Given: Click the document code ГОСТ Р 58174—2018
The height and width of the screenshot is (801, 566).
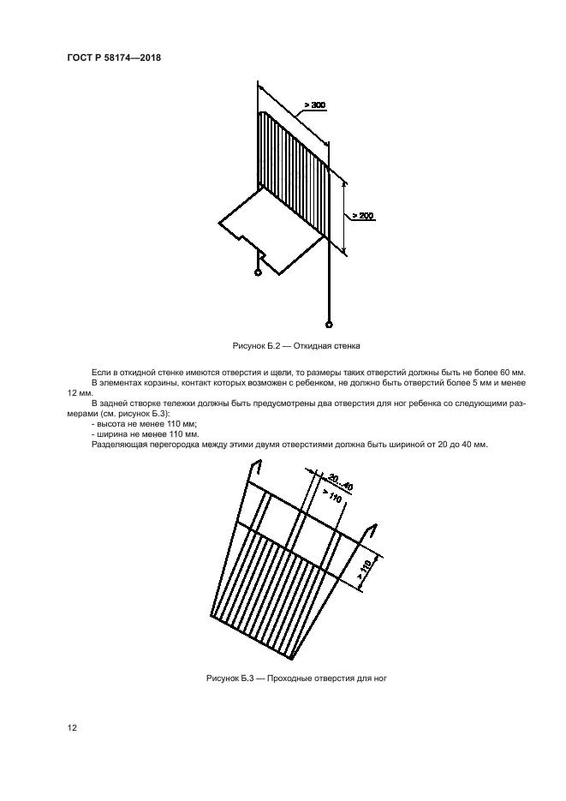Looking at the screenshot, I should point(114,57).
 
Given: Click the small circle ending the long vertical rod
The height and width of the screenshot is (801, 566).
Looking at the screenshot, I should point(328,325).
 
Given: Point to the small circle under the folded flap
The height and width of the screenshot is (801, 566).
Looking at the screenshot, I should point(259,273).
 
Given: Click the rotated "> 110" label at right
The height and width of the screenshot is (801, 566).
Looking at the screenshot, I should point(364,569).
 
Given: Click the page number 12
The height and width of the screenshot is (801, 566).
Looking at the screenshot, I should point(73,727).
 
